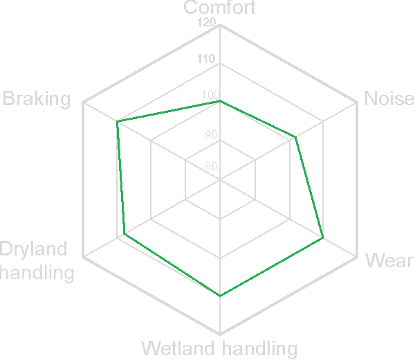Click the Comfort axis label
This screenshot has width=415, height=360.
point(220,8)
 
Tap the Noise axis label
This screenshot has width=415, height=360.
point(389,98)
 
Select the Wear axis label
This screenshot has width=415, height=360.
point(389,260)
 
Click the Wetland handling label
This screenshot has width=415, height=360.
point(219,348)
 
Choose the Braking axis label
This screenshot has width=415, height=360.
point(37,99)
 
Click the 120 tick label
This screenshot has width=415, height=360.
point(206,23)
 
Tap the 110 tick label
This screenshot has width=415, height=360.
point(206,60)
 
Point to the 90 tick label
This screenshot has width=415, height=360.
point(210,134)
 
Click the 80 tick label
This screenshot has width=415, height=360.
point(210,166)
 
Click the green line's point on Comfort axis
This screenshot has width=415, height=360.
point(220,101)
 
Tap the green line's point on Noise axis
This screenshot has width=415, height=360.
point(296,138)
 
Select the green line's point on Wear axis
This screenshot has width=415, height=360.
point(323,239)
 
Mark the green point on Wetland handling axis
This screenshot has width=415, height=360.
point(220,296)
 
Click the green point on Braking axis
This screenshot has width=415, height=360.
point(118,122)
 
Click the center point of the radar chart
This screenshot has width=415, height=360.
point(220,180)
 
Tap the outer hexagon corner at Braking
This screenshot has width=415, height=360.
point(83,102)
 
